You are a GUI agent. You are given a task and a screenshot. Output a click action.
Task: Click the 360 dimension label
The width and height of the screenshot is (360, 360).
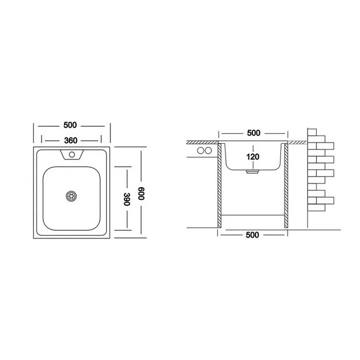[71, 140]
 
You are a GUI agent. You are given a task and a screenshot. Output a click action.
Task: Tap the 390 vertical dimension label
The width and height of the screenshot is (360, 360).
[127, 199]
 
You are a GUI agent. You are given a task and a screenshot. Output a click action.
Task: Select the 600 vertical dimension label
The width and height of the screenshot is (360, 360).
[141, 193]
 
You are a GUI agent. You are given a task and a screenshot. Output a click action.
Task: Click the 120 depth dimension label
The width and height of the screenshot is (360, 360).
[253, 157]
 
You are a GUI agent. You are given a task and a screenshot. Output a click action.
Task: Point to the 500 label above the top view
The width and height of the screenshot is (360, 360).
[70, 125]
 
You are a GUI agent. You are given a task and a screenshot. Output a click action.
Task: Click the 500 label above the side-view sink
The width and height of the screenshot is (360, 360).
[254, 133]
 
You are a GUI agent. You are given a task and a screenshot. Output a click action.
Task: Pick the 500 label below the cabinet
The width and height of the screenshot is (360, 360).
[252, 235]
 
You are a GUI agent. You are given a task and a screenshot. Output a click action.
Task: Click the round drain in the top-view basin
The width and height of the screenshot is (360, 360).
[71, 196]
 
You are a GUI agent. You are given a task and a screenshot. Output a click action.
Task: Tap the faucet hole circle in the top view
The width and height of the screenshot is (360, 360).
[72, 154]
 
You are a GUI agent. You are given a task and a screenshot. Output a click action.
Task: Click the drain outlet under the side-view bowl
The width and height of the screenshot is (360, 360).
[252, 171]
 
